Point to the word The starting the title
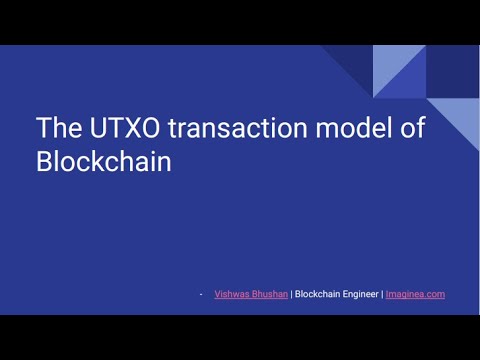pyautogui.click(x=57, y=129)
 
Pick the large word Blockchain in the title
pyautogui.click(x=104, y=162)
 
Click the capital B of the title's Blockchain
pyautogui.click(x=45, y=162)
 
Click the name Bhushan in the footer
pyautogui.click(x=269, y=294)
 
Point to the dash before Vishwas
pyautogui.click(x=201, y=294)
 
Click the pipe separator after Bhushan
pyautogui.click(x=291, y=294)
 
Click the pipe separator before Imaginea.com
pyautogui.click(x=382, y=294)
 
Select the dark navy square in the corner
pyautogui.click(x=453, y=71)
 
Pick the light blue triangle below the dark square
pyautogui.click(x=462, y=118)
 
